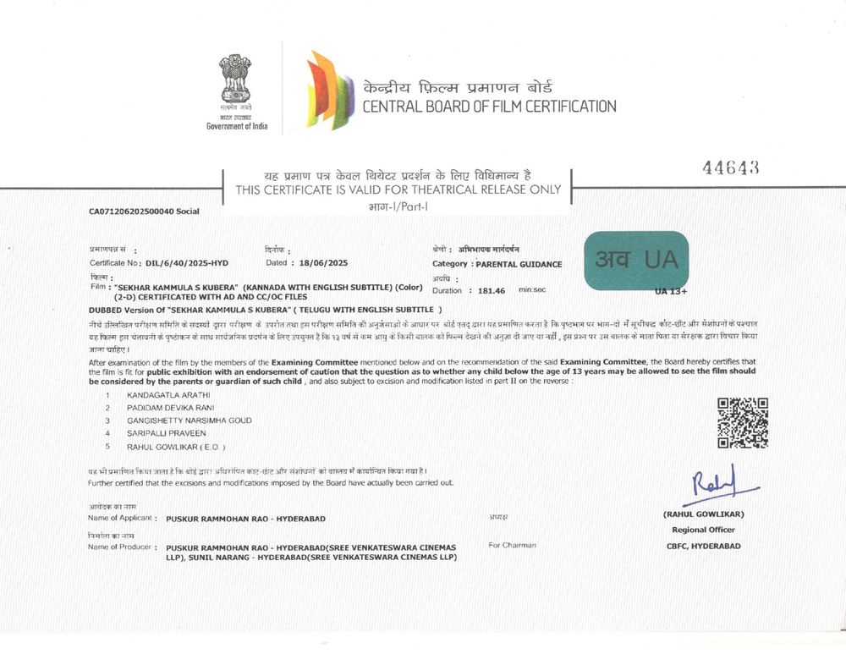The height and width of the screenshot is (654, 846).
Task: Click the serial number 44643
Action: click(730, 168)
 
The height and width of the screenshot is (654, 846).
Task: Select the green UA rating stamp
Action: click(636, 260)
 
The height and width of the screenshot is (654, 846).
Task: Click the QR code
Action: click(742, 422)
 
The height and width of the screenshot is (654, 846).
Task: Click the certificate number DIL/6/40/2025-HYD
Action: click(187, 263)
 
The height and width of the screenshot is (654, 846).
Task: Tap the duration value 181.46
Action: click(491, 290)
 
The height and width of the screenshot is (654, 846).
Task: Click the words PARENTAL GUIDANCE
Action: click(519, 264)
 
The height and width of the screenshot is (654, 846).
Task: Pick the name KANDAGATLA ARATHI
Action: click(168, 395)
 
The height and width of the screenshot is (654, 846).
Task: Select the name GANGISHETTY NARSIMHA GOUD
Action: click(189, 420)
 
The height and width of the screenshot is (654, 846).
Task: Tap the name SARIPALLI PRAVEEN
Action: click(166, 433)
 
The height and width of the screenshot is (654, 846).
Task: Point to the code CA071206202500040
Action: click(131, 211)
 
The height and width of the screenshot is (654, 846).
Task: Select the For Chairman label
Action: click(512, 545)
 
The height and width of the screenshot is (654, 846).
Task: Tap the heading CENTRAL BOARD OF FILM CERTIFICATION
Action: click(489, 107)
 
